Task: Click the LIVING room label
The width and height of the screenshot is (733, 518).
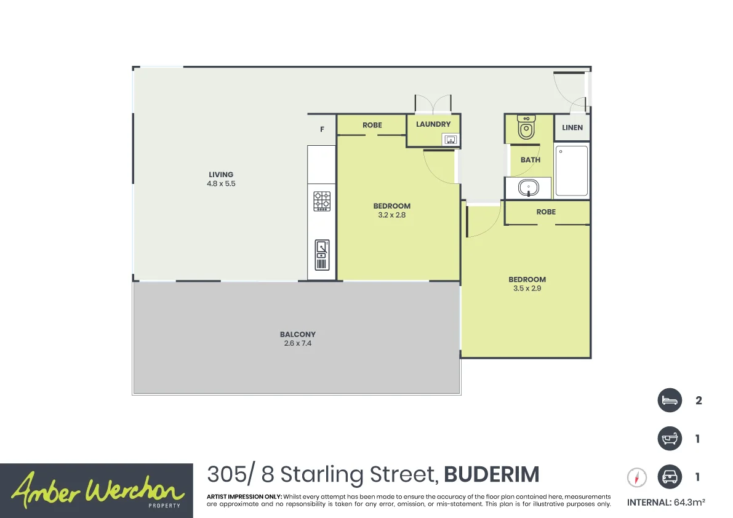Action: click(x=221, y=175)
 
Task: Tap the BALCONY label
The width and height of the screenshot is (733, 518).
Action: click(x=296, y=335)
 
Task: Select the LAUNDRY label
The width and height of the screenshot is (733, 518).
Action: click(x=433, y=124)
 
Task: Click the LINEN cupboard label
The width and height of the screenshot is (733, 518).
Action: click(x=572, y=128)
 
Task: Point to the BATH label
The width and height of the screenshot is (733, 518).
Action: click(x=531, y=160)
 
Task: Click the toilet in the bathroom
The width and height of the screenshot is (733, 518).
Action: click(x=526, y=127)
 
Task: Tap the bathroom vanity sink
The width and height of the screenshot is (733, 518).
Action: click(x=527, y=188)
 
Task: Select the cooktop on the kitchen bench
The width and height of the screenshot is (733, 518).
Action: click(x=322, y=201)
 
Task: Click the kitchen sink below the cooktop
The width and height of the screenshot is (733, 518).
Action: click(x=322, y=255)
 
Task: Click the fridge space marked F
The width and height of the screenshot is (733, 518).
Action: click(x=322, y=130)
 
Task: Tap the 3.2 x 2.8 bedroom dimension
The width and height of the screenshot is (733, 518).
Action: click(x=391, y=215)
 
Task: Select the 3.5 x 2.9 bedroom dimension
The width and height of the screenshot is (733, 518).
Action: click(x=527, y=289)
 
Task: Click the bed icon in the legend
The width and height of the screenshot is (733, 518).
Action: click(x=670, y=400)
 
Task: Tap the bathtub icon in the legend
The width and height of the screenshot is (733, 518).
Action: click(x=670, y=439)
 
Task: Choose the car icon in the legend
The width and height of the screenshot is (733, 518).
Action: click(x=670, y=477)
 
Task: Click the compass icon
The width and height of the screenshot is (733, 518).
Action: click(x=638, y=477)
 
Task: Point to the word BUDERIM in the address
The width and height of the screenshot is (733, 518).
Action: click(x=491, y=475)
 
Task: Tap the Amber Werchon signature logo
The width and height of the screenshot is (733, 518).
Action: click(x=97, y=490)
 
